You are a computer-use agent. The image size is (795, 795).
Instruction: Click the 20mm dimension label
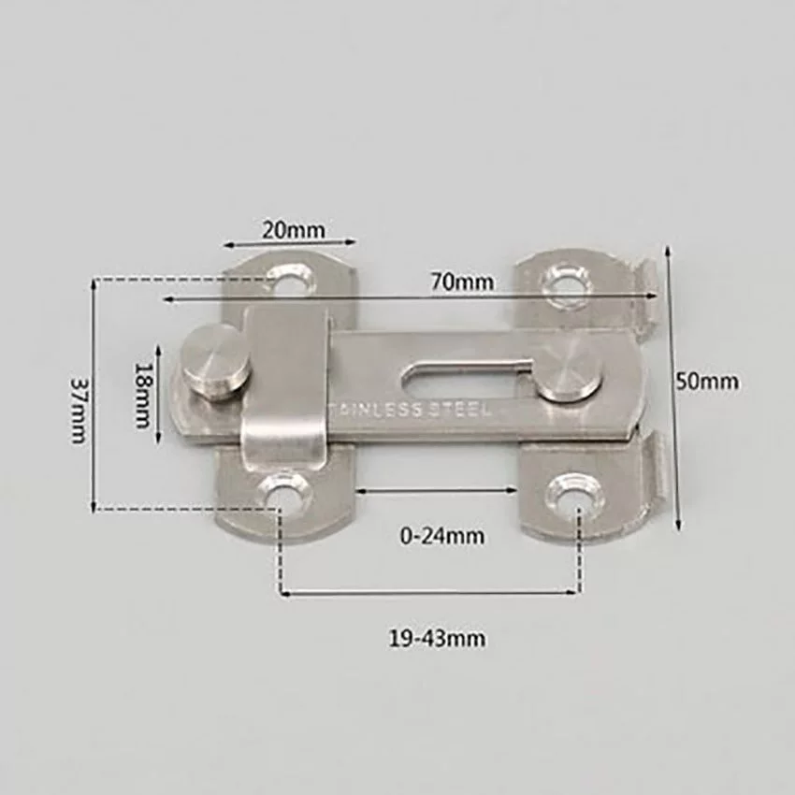[293, 231]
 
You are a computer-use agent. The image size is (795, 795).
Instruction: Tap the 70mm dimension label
[462, 281]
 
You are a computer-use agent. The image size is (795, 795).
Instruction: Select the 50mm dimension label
[707, 381]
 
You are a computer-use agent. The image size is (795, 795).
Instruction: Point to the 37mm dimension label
[79, 410]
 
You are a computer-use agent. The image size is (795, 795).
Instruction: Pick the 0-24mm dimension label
[442, 536]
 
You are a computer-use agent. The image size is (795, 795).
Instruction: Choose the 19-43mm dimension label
[437, 638]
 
